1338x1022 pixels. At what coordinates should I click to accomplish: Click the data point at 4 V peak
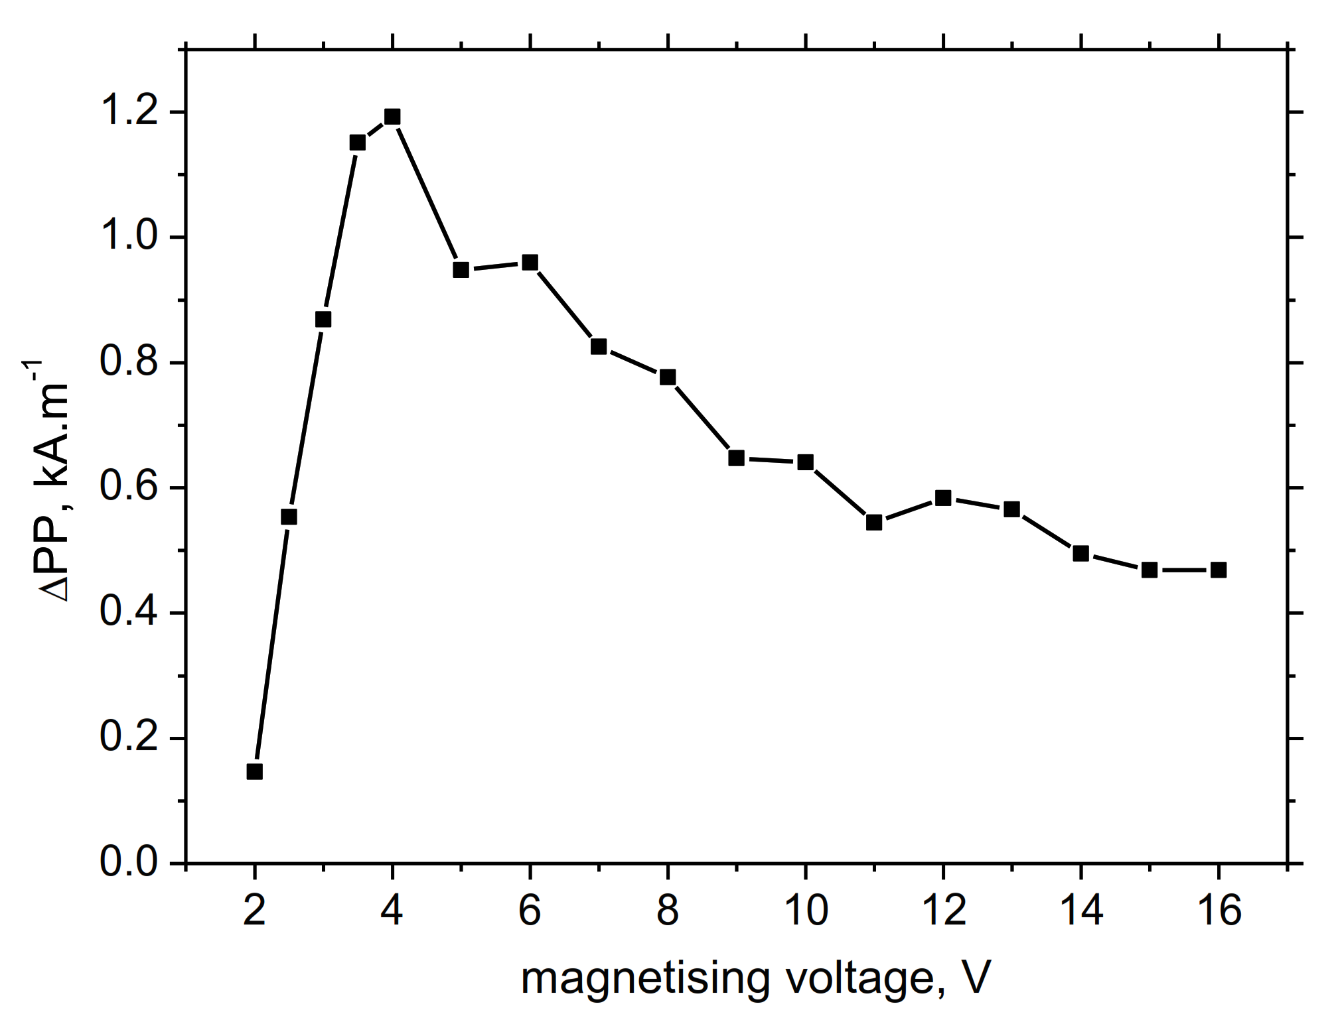click(392, 117)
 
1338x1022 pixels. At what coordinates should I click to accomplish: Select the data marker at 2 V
click(254, 771)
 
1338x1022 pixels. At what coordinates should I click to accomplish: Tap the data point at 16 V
click(1219, 570)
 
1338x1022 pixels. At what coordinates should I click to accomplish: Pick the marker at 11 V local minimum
click(874, 523)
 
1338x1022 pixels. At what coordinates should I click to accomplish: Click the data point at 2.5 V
click(289, 517)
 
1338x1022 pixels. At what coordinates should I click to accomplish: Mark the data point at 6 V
click(530, 263)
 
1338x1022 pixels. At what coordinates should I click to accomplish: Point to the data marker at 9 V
click(736, 458)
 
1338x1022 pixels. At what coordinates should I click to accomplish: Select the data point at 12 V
click(943, 498)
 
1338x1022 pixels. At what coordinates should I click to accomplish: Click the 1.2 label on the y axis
click(129, 112)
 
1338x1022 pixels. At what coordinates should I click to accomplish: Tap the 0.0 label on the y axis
click(129, 863)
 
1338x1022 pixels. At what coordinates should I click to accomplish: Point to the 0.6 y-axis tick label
click(129, 487)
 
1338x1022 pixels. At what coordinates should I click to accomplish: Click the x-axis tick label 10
click(806, 911)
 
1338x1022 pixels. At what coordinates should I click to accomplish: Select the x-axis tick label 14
click(1081, 911)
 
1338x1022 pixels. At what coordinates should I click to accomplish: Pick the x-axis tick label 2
click(254, 911)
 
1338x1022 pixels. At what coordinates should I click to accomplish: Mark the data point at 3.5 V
click(358, 143)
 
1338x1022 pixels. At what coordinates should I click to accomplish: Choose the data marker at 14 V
click(1080, 553)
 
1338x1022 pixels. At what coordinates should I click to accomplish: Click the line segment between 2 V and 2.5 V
click(271, 644)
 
